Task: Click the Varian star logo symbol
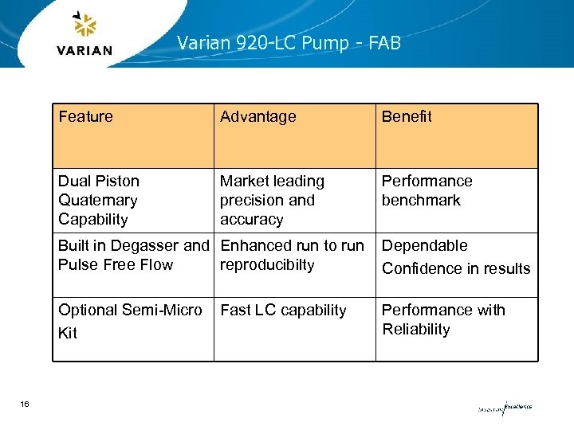tap(85, 25)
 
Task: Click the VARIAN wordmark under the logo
tap(85, 50)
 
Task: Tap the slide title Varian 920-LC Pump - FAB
tap(289, 43)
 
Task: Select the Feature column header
tap(85, 117)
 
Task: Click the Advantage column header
tap(258, 117)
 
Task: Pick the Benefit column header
tap(407, 117)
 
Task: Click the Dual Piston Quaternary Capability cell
tap(99, 200)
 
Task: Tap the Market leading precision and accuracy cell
tap(272, 200)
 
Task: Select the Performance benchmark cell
tap(427, 190)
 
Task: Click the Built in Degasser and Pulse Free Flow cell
tap(133, 255)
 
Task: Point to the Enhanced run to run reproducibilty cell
tap(292, 255)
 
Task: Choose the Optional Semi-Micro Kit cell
tap(130, 320)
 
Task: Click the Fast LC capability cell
tap(283, 311)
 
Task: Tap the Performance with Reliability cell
tap(443, 319)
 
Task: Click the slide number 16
tap(25, 405)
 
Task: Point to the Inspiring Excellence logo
tap(504, 408)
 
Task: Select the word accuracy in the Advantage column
tap(251, 219)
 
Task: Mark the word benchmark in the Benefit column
tap(421, 200)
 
